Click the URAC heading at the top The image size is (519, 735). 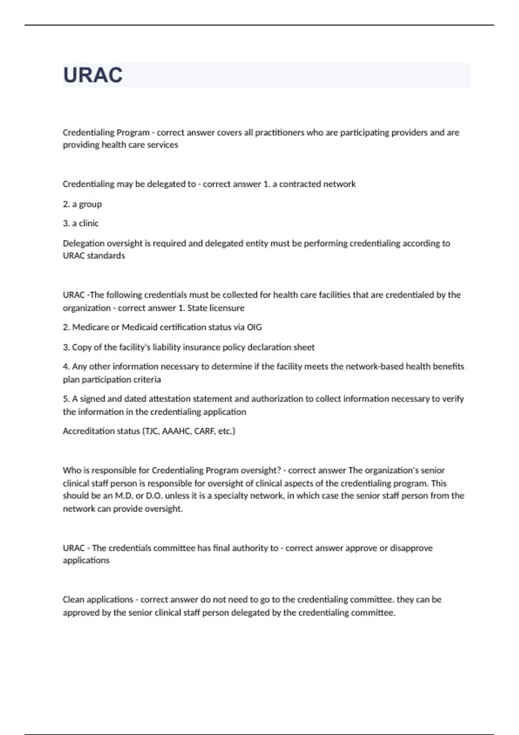coord(93,75)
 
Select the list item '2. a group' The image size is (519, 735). coord(82,204)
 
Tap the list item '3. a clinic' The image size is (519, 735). coord(81,223)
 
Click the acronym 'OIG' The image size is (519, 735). coord(254,327)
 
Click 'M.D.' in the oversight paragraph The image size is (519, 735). coord(124,495)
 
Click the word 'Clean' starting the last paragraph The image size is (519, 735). coord(73,599)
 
